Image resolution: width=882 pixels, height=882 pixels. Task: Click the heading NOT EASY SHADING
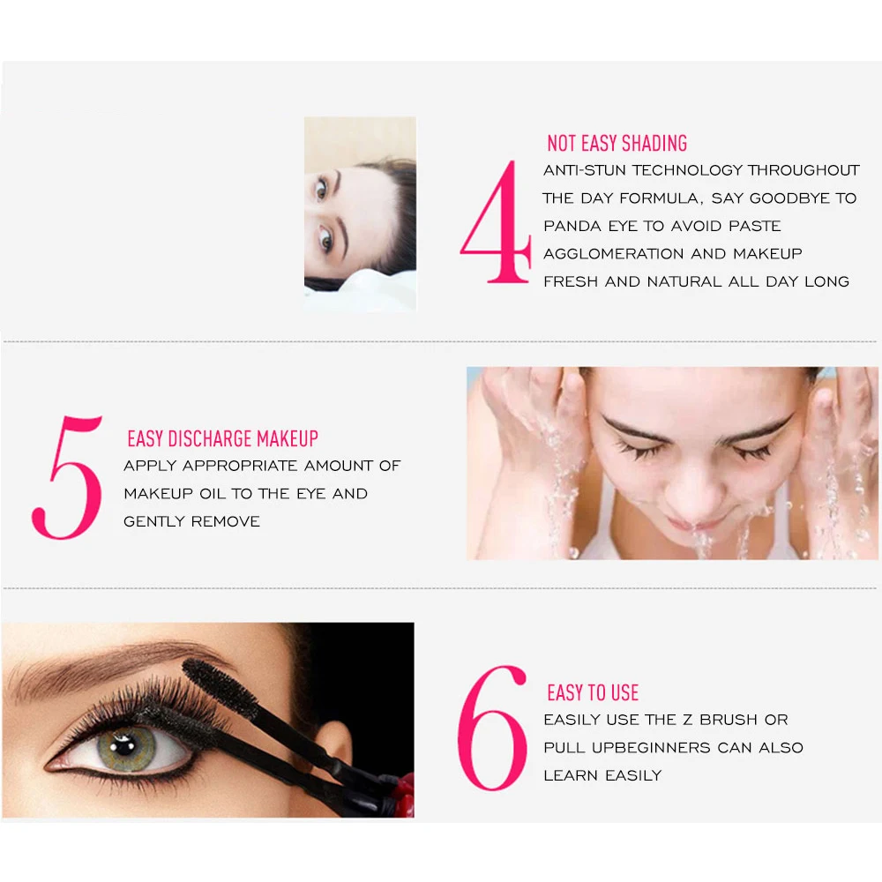617,144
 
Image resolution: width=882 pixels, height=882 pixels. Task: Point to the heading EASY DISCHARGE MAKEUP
223,438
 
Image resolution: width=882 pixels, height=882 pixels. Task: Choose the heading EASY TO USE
593,692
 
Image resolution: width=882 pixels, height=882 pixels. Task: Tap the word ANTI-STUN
585,170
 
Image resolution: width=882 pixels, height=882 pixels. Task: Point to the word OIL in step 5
213,494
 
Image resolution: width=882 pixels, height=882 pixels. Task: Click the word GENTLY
154,522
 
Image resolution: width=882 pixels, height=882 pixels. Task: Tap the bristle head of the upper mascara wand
220,682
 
